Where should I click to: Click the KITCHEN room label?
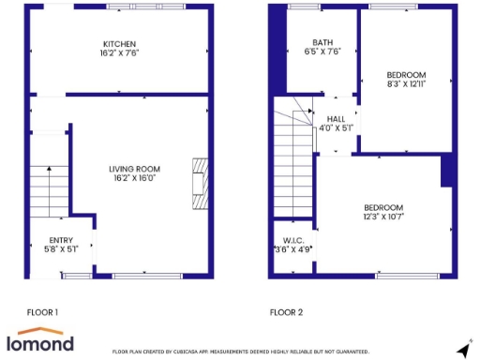120,44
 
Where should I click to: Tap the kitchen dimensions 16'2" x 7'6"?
120,53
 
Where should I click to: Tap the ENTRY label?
61,240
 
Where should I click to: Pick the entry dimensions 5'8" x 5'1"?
61,249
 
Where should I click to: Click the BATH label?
322,42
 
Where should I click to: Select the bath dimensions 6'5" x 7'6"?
322,52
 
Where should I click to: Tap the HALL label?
336,118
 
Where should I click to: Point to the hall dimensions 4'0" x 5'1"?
336,127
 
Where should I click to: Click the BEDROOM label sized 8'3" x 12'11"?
407,75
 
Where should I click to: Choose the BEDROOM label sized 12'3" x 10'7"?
384,207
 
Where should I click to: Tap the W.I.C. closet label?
292,240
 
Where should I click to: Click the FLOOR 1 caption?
42,311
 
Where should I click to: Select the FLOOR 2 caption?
287,311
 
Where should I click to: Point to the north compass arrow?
462,349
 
